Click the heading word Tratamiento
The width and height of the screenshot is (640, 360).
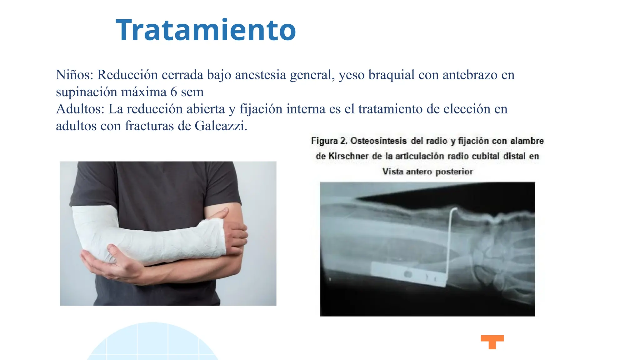pyautogui.click(x=206, y=30)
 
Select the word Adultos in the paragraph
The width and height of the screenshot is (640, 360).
pyautogui.click(x=80, y=109)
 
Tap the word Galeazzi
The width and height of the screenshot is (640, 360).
pyautogui.click(x=220, y=126)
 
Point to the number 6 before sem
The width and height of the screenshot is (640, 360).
pyautogui.click(x=174, y=92)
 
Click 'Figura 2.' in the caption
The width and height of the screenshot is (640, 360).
pyautogui.click(x=329, y=141)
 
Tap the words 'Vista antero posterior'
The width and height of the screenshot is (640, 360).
pyautogui.click(x=427, y=172)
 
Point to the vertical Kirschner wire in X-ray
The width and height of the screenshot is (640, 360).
pyautogui.click(x=449, y=244)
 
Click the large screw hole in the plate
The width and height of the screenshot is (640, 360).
pyautogui.click(x=408, y=274)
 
